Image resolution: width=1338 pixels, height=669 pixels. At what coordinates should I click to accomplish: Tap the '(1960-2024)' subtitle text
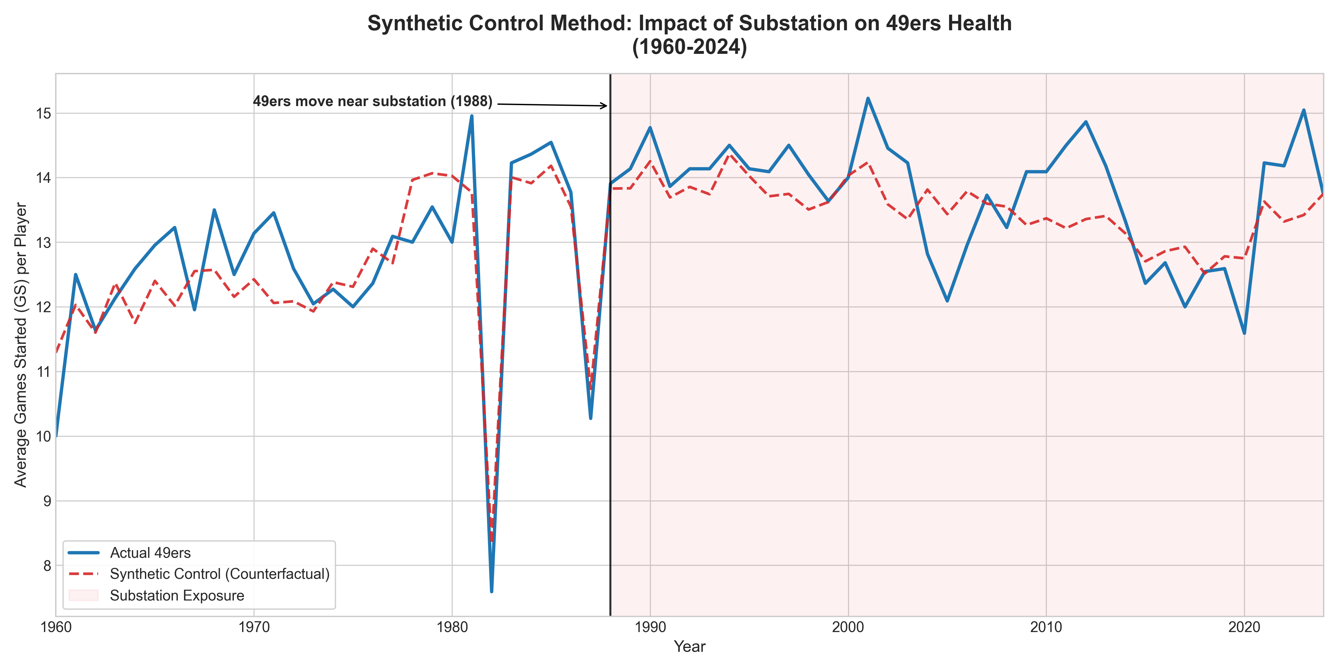689,47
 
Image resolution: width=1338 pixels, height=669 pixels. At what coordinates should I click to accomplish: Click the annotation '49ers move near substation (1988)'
372,101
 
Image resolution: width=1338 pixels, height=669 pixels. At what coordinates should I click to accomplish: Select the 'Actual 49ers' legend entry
150,553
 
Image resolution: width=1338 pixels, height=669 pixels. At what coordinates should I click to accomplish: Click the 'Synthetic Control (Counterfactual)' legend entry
219,574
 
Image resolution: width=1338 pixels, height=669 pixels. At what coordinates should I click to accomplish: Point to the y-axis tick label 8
47,566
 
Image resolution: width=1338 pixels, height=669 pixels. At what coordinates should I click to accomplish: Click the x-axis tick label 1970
254,628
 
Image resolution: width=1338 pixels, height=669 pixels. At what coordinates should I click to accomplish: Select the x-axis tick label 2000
848,628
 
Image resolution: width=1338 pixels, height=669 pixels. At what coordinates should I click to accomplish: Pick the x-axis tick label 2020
1244,628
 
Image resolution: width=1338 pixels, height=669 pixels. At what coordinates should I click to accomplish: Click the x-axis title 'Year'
689,647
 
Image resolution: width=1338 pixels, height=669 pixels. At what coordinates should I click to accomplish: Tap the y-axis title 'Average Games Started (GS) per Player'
21,345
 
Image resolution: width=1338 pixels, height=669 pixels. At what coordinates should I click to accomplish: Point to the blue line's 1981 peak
471,116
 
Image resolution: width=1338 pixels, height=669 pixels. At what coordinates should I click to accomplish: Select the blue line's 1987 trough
591,418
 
